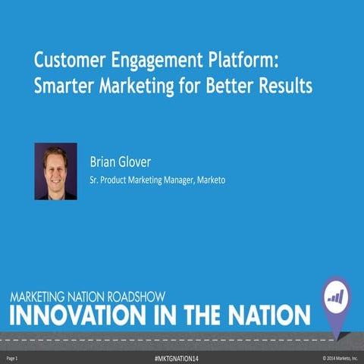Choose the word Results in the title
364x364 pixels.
(284, 86)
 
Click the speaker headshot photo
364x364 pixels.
(55, 171)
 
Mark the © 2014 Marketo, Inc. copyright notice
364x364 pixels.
(340, 356)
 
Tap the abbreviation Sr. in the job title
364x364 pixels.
(95, 182)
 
